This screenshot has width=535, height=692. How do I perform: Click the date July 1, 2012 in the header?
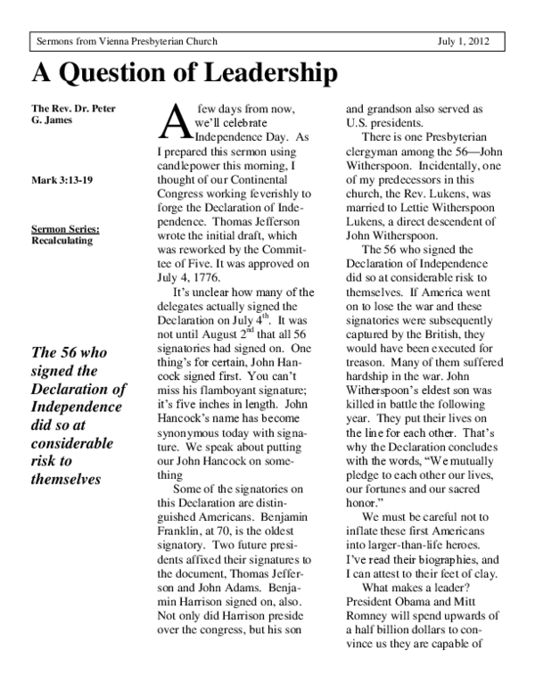coord(476,42)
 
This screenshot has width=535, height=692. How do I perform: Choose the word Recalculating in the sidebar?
coord(66,240)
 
